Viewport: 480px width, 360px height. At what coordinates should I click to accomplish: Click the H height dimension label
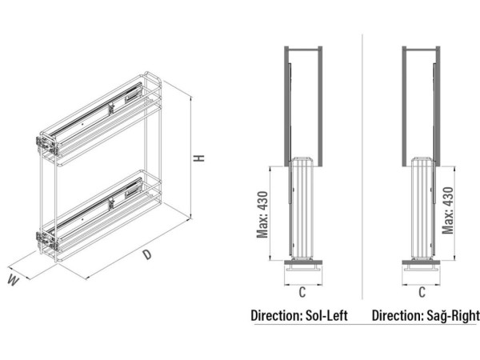199,158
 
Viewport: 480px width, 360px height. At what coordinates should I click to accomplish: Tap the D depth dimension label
147,254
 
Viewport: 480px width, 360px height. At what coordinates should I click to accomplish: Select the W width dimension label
13,280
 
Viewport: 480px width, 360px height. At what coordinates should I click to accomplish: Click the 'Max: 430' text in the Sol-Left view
262,214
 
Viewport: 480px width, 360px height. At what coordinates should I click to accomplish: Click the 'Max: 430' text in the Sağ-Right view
447,210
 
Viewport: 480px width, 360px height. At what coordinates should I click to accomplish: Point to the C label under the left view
302,292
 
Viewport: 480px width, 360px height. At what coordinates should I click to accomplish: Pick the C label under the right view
422,292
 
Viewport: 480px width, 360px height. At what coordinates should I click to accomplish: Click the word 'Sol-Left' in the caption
326,316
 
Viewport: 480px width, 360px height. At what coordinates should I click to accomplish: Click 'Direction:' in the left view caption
277,316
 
